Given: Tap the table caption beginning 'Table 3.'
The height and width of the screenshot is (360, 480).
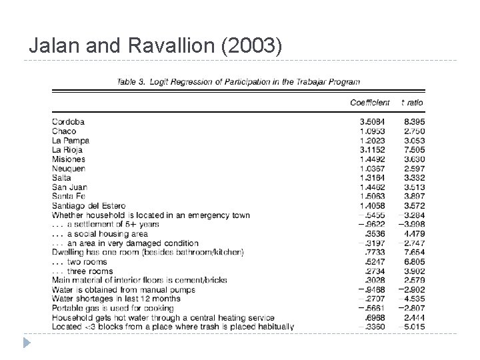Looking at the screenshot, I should pyautogui.click(x=238, y=82).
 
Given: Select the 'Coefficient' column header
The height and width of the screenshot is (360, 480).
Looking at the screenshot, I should pyautogui.click(x=370, y=103).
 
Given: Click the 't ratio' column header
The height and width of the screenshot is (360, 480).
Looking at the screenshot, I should pyautogui.click(x=412, y=103).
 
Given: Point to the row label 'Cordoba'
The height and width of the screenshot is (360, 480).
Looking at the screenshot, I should pyautogui.click(x=68, y=122).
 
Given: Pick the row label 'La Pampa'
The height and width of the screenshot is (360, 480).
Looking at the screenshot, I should pyautogui.click(x=71, y=141).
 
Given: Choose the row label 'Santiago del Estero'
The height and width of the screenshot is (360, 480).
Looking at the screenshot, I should pyautogui.click(x=89, y=206).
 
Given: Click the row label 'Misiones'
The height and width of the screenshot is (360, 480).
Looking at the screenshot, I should pyautogui.click(x=69, y=159).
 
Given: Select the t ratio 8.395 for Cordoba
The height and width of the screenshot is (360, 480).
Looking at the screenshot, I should pyautogui.click(x=413, y=122).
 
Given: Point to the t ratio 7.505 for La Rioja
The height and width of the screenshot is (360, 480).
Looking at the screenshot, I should pyautogui.click(x=413, y=150).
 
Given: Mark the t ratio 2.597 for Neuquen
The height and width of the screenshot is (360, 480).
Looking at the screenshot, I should pyautogui.click(x=413, y=169).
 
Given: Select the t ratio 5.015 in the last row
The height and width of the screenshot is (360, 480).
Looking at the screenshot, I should pyautogui.click(x=413, y=327).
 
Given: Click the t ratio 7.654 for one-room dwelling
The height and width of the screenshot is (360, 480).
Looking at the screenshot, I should pyautogui.click(x=413, y=253).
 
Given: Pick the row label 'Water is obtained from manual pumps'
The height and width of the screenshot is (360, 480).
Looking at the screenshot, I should pyautogui.click(x=123, y=289).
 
